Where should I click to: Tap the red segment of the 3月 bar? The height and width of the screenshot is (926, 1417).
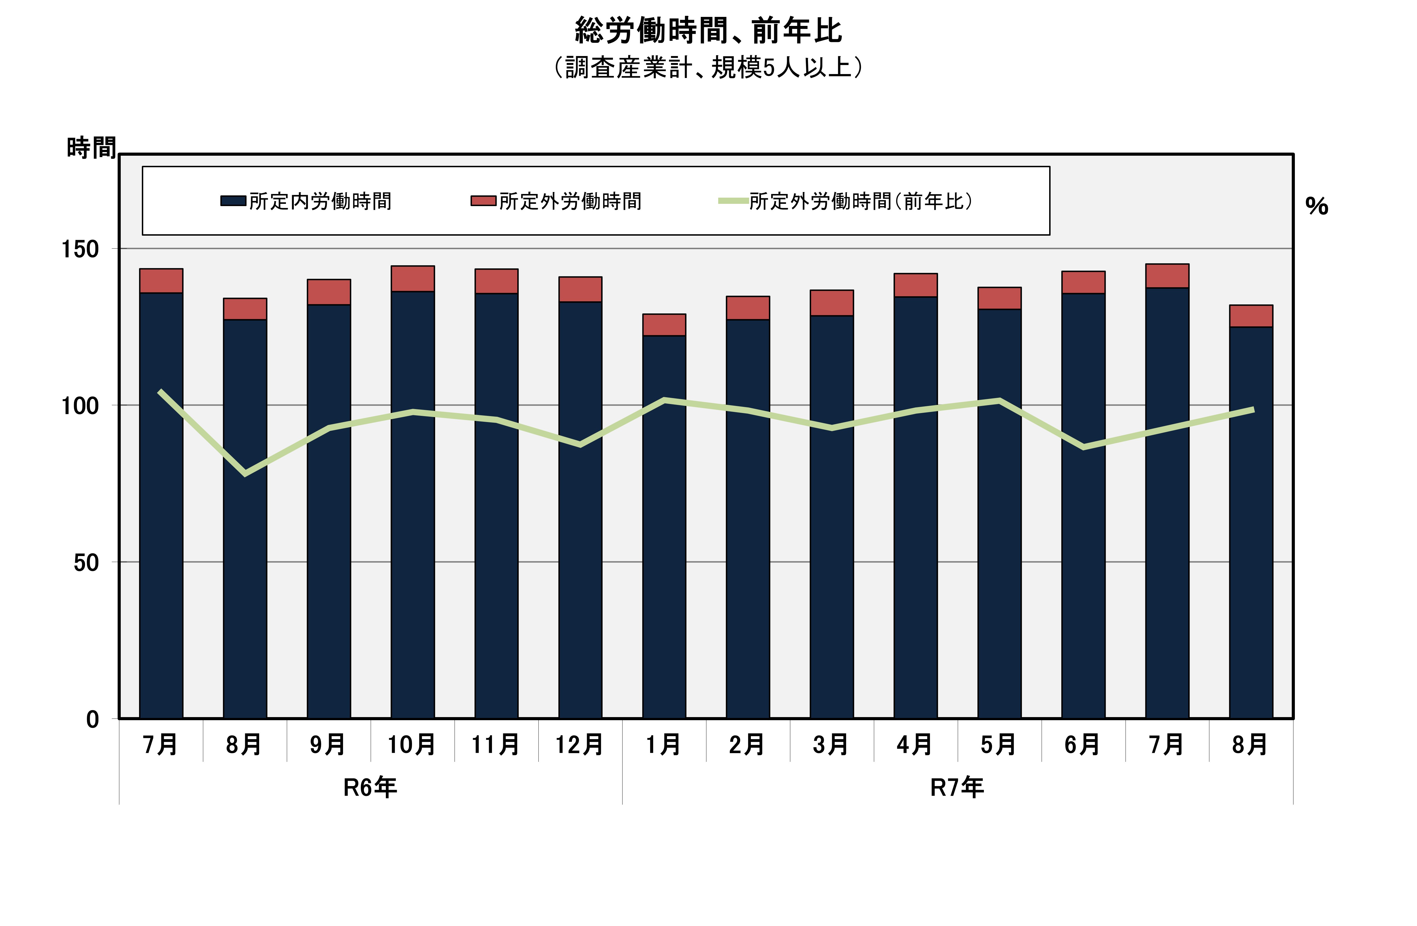click(x=832, y=303)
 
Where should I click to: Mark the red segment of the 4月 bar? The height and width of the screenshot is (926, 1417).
click(x=916, y=285)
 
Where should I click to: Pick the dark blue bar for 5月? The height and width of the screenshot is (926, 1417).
click(x=1000, y=512)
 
